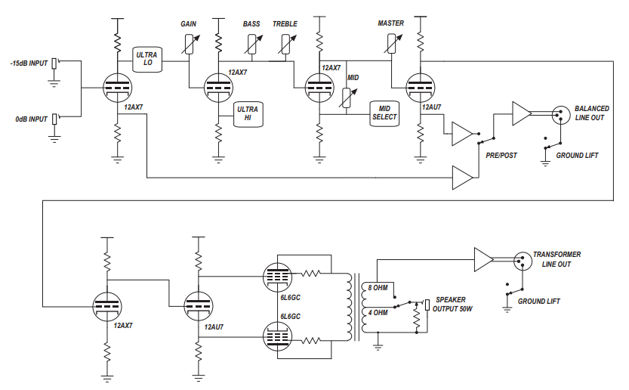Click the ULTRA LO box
pos(147,60)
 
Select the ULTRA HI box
pos(248,114)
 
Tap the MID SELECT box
pos(384,113)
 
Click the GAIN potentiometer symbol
pos(190,44)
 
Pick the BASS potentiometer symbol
pos(253,44)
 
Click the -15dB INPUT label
pos(29,63)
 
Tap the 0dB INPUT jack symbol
pos(55,119)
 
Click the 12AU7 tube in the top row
pos(420,88)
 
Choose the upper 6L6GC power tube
pos(277,277)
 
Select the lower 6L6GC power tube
pos(277,336)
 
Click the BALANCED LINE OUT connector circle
pos(561,115)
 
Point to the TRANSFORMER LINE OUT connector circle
pos(523,261)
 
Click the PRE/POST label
pos(501,156)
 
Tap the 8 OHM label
pos(378,288)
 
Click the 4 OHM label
pos(378,312)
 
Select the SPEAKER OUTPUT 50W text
pos(452,305)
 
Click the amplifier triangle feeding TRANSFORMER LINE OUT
pos(483,259)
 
